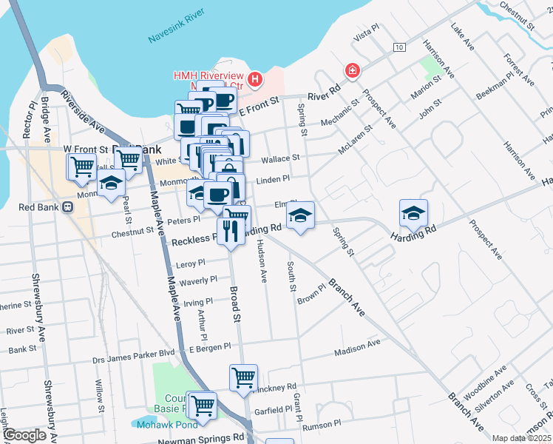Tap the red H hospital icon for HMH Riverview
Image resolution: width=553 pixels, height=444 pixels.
(x=255, y=78)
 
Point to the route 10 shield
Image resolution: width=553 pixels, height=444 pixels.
(x=399, y=47)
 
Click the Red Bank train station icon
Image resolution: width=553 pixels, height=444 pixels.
(x=67, y=207)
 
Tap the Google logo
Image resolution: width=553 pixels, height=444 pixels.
(x=25, y=435)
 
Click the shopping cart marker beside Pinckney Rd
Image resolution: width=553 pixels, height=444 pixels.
(x=243, y=377)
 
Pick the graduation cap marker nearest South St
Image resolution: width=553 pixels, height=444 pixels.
(x=300, y=215)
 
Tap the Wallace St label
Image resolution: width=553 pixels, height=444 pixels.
(x=280, y=158)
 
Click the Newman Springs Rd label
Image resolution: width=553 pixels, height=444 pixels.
(x=200, y=439)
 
